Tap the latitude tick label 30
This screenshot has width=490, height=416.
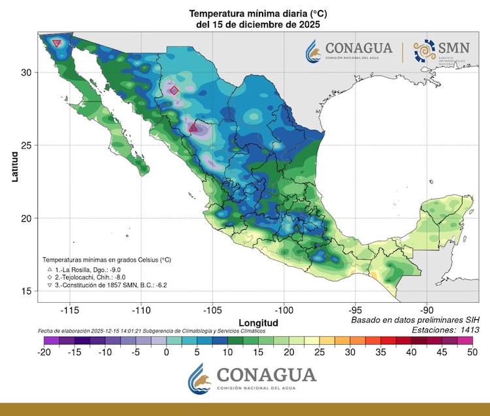pos(26,73)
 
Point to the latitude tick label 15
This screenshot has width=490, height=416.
pos(26,291)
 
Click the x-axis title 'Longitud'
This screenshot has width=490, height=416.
pos(258,323)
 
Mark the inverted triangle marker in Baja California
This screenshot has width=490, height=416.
pos(57,43)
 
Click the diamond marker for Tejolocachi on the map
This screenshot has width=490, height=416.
pos(174,90)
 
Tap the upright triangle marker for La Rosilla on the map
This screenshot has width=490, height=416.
pos(193,128)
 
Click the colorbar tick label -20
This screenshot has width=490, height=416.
pos(44,352)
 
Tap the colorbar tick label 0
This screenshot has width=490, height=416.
pos(166,352)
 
